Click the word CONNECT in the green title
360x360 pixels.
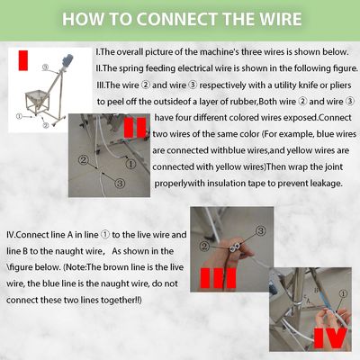click(178, 19)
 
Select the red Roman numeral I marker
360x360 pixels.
click(23, 60)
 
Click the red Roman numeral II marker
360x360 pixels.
click(135, 128)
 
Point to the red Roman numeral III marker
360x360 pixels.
click(218, 278)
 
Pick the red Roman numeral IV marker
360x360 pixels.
click(330, 338)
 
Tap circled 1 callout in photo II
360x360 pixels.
click(130, 164)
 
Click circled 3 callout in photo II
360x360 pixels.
click(120, 183)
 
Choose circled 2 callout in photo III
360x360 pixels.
click(205, 247)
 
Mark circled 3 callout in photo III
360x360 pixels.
click(261, 230)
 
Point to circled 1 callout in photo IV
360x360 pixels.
click(344, 293)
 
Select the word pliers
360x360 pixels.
click(340, 85)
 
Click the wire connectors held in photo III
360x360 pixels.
click(234, 247)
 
